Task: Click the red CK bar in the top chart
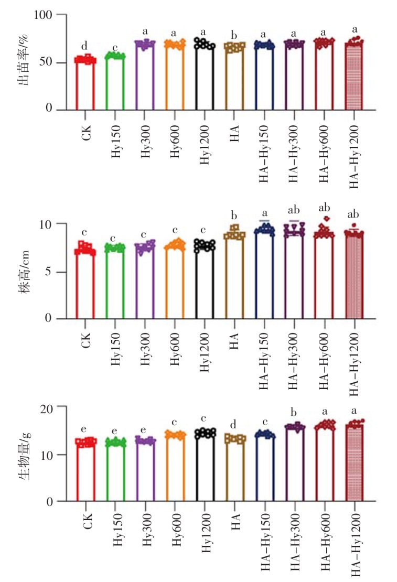pos(85,84)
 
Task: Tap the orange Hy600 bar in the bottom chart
pos(175,467)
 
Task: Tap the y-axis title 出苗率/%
pos(23,63)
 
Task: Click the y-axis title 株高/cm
pos(23,272)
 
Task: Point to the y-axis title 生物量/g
pos(23,454)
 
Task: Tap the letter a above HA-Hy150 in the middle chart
pos(265,213)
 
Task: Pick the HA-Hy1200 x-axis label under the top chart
pos(355,149)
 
